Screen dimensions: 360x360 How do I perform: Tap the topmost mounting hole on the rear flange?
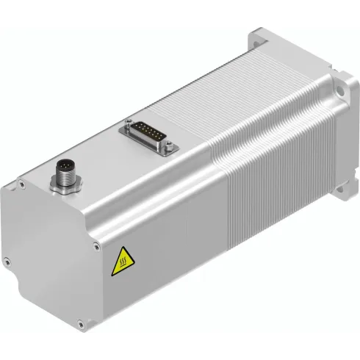tap(258, 35)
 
